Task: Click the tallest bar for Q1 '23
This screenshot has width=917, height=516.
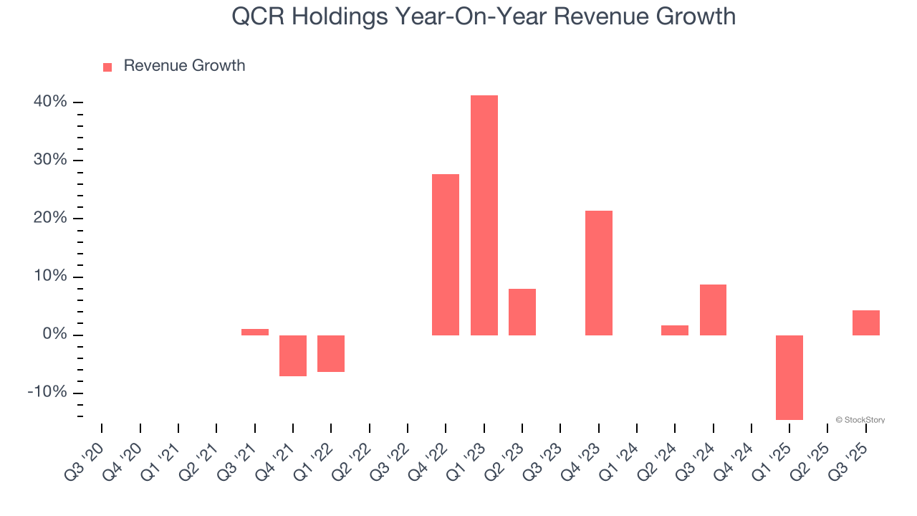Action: click(484, 215)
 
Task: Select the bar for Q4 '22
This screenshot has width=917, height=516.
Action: click(446, 254)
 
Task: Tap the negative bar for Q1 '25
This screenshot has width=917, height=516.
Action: click(789, 377)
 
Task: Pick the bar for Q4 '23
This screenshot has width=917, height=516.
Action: click(599, 272)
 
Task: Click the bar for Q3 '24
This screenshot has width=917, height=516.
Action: click(713, 310)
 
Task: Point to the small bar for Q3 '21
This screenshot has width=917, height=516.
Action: click(255, 332)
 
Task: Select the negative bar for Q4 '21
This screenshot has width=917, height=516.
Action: click(293, 355)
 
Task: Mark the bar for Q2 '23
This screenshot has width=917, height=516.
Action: click(522, 312)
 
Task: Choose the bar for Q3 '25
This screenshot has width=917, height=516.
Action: click(865, 322)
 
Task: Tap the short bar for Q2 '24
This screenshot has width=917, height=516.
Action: click(675, 330)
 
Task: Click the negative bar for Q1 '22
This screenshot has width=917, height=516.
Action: click(331, 353)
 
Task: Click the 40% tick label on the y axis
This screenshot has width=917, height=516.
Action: click(50, 102)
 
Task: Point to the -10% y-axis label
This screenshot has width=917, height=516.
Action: click(47, 393)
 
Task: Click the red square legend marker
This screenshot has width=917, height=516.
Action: click(107, 67)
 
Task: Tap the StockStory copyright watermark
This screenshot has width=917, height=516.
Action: click(860, 420)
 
